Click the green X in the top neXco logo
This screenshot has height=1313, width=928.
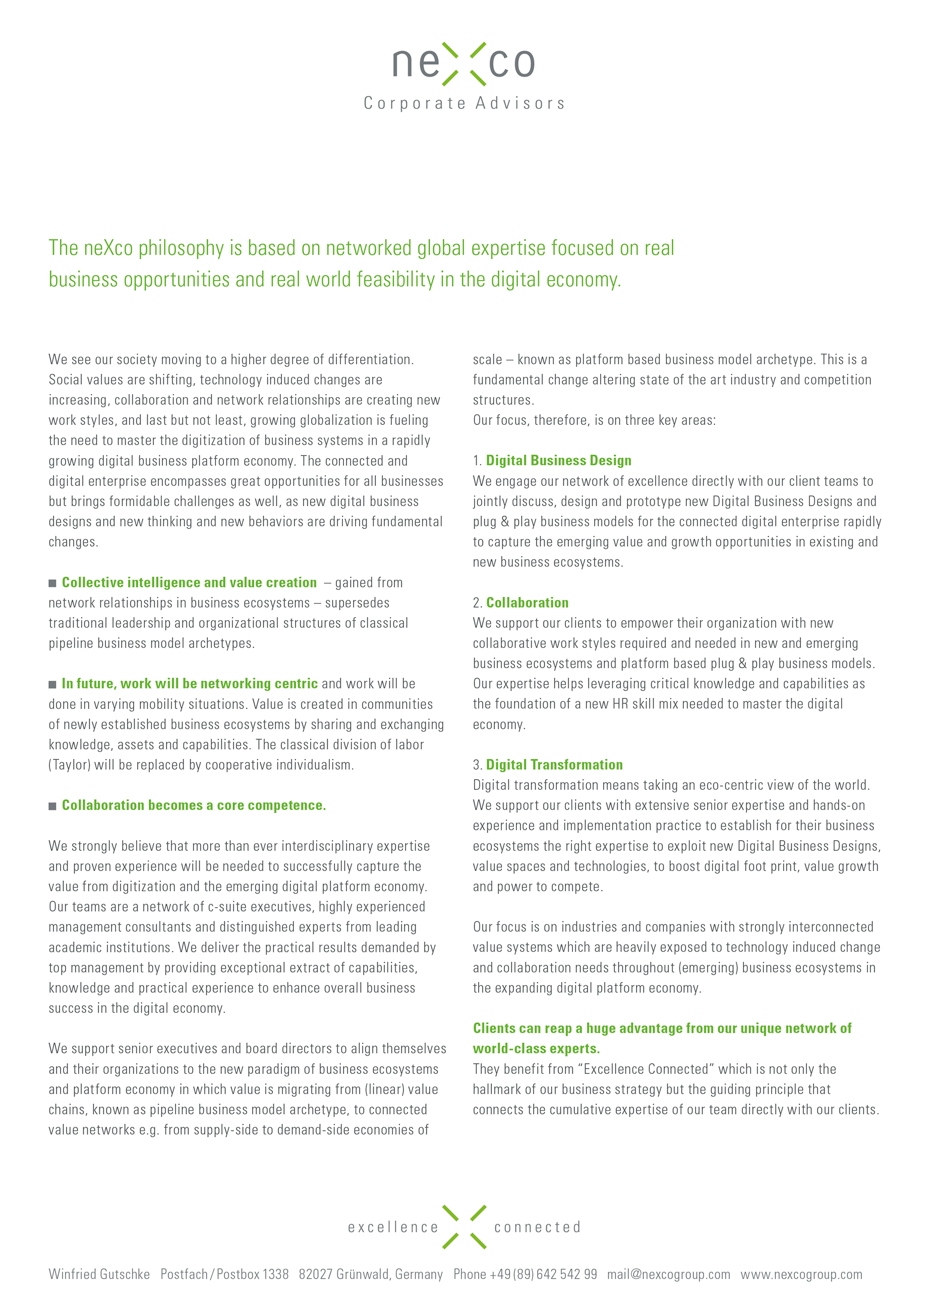(464, 64)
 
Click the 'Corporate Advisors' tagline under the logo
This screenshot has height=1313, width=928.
(464, 103)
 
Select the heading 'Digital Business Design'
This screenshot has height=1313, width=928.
(558, 461)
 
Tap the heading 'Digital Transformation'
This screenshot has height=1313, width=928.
(554, 765)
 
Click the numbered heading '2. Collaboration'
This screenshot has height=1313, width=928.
(526, 603)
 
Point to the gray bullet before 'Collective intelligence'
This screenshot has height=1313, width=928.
(52, 583)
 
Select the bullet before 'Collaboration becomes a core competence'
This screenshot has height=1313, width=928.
(52, 806)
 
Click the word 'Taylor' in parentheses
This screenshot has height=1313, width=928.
(70, 765)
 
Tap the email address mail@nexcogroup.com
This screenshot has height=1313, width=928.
(669, 1275)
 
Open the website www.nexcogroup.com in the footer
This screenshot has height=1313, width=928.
(801, 1275)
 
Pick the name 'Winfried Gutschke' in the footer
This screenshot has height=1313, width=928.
(99, 1275)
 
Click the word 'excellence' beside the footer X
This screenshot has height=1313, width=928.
(393, 1228)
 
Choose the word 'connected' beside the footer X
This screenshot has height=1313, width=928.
(537, 1228)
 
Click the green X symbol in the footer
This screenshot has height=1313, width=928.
(464, 1227)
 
